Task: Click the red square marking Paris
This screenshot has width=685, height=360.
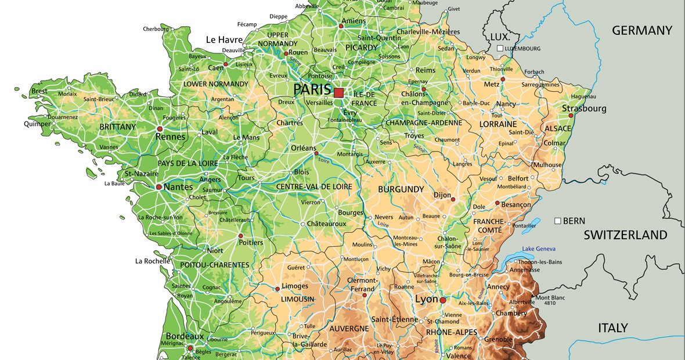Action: [x=339, y=92]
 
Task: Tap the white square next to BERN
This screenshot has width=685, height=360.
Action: [x=558, y=221]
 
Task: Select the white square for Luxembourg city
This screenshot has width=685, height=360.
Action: [x=500, y=48]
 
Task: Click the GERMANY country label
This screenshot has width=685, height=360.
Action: [x=641, y=30]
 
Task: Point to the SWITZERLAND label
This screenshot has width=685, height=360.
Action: [x=625, y=235]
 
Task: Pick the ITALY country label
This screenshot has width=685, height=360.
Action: [x=613, y=328]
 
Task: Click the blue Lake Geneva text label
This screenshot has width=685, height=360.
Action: [x=539, y=249]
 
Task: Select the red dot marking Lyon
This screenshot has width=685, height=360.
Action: [x=443, y=300]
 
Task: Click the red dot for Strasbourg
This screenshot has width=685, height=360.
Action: [x=571, y=116]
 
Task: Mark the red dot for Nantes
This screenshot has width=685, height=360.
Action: [x=158, y=187]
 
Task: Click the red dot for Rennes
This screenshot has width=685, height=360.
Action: [x=160, y=128]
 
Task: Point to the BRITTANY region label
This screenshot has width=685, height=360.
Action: [x=118, y=127]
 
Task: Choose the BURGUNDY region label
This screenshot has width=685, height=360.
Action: [x=401, y=189]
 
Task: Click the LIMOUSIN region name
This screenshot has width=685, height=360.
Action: [x=297, y=299]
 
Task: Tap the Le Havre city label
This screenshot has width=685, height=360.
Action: [x=224, y=39]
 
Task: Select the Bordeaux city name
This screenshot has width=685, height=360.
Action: [x=185, y=336]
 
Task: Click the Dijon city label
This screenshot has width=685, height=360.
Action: [x=442, y=196]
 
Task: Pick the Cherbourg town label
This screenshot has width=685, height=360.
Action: [x=156, y=28]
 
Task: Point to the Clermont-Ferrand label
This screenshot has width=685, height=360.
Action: [x=362, y=285]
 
